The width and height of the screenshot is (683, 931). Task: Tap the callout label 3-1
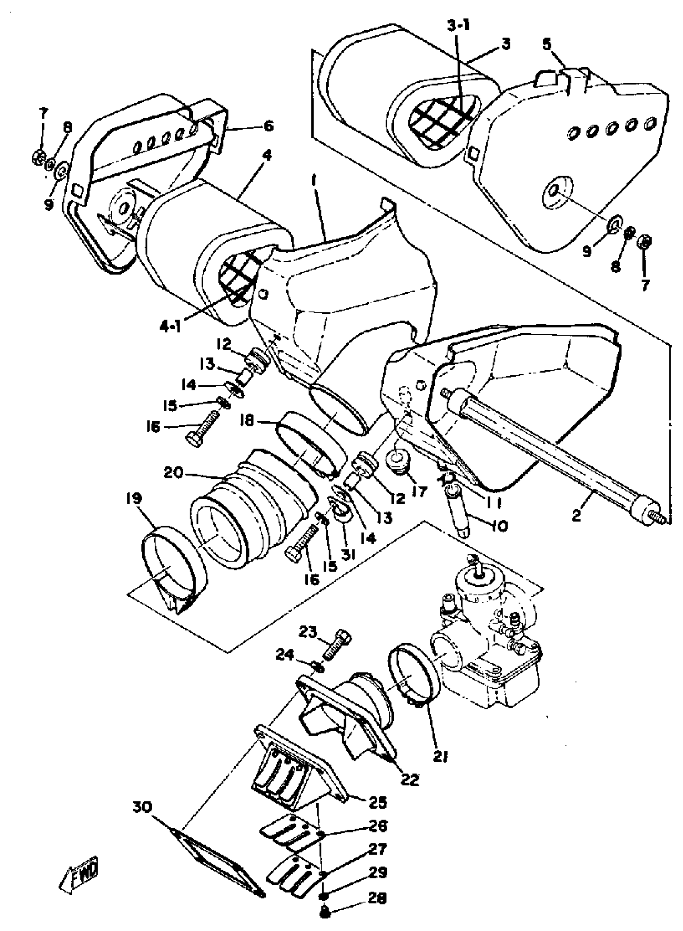pyautogui.click(x=458, y=26)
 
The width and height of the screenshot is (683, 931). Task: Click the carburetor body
pyautogui.click(x=488, y=645)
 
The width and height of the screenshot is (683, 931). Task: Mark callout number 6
pyautogui.click(x=269, y=126)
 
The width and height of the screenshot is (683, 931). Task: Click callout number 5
pyautogui.click(x=547, y=44)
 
